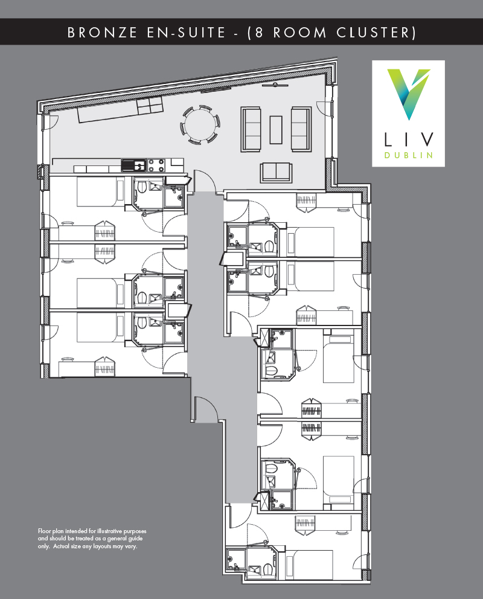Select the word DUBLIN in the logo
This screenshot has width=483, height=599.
[409, 155]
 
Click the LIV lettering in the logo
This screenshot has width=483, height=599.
[409, 139]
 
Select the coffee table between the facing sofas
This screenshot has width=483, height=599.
[276, 129]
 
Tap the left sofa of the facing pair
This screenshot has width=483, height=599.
[252, 129]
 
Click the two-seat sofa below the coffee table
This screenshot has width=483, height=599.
[276, 172]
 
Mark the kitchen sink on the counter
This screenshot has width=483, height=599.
[132, 164]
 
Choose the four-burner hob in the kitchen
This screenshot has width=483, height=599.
[156, 164]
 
